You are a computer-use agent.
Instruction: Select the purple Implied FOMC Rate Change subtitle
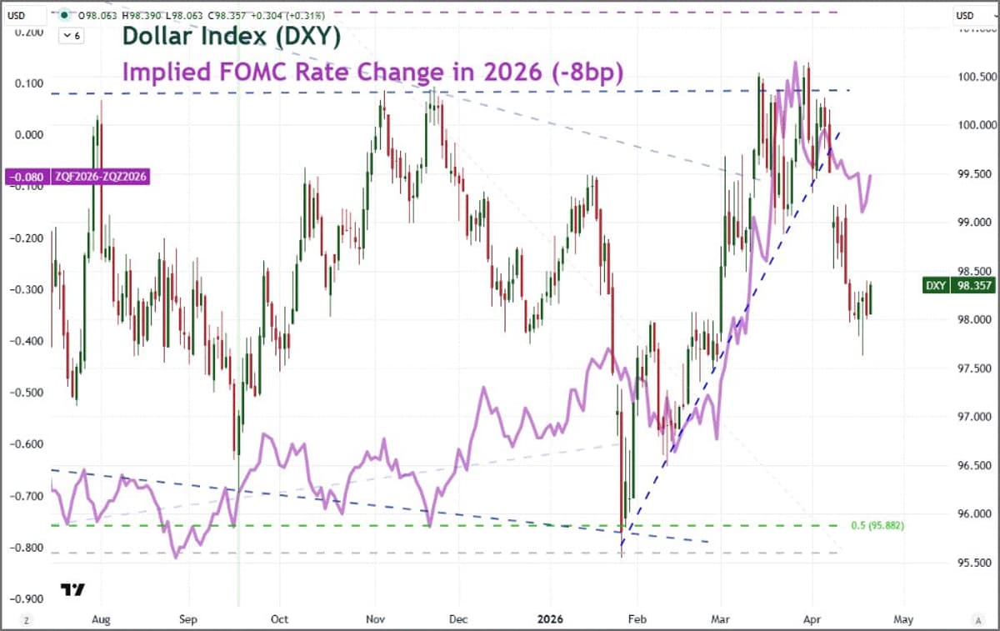pyautogui.click(x=372, y=73)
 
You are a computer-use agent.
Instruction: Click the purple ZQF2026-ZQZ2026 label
pyautogui.click(x=78, y=177)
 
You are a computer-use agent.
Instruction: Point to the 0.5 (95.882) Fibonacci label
pyautogui.click(x=877, y=526)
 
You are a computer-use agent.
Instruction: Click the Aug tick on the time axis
pyautogui.click(x=101, y=619)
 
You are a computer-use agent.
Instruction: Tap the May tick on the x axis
pyautogui.click(x=903, y=619)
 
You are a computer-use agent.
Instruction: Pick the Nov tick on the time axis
pyautogui.click(x=374, y=619)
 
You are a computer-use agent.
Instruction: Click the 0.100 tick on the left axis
pyautogui.click(x=29, y=83)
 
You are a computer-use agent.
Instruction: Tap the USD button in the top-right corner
pyautogui.click(x=966, y=16)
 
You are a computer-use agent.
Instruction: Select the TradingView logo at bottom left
pyautogui.click(x=72, y=589)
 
